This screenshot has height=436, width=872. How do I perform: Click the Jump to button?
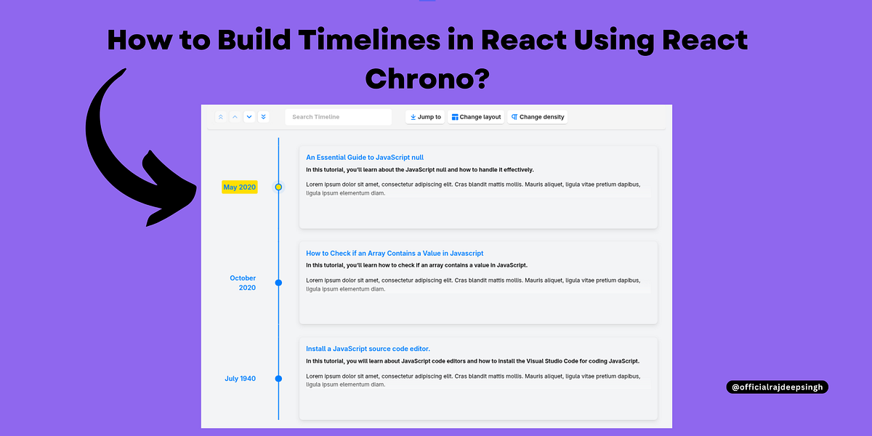[426, 117]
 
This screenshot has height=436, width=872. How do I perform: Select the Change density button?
[537, 117]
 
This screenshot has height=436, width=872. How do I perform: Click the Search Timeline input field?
[338, 117]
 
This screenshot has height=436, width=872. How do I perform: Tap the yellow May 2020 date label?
[239, 187]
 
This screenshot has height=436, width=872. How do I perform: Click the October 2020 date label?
[243, 283]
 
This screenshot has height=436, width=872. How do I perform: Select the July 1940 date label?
[240, 379]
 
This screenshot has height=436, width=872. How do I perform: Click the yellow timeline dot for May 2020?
[278, 187]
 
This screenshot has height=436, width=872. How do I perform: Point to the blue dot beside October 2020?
[278, 283]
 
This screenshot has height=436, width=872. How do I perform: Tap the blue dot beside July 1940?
[278, 379]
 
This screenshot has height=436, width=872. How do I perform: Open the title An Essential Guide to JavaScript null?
[365, 157]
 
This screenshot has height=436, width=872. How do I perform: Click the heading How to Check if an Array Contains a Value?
[395, 253]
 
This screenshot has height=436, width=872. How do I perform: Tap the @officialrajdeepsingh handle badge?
[777, 387]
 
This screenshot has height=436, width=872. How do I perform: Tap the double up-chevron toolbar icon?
[221, 117]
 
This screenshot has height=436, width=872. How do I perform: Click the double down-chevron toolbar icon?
[263, 117]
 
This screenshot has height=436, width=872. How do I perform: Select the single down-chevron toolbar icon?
[249, 117]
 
